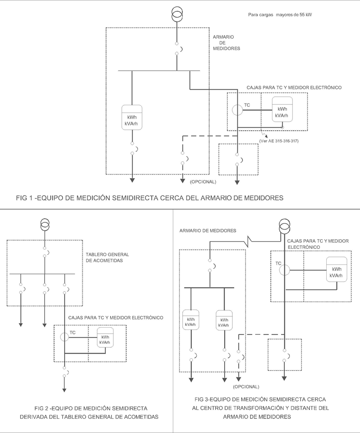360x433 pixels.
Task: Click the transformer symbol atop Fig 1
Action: [177, 14]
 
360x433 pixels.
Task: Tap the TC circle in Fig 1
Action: [238, 110]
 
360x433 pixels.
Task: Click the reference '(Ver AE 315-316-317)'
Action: [278, 140]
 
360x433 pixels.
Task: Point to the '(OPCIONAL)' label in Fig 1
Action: [203, 182]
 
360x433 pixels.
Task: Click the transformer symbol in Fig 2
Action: [45, 225]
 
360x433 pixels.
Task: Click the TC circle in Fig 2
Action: [65, 337]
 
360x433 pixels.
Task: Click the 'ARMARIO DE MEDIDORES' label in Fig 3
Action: [208, 231]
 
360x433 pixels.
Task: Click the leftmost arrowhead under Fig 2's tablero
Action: [21, 324]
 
